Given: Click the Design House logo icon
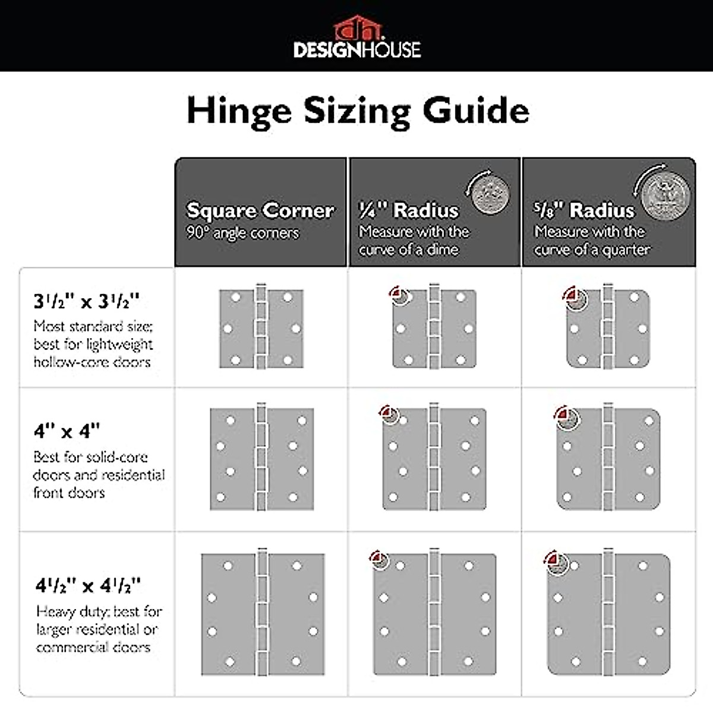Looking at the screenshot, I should (356, 28).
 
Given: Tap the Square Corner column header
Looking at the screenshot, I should (260, 210).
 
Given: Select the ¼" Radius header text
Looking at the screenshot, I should (409, 210).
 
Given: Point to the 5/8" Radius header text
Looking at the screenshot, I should (583, 210).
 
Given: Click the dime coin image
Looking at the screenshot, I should (490, 193).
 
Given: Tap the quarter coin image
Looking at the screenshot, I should (665, 194).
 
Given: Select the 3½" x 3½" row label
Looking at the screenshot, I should (87, 301).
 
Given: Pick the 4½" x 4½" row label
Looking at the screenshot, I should (88, 586).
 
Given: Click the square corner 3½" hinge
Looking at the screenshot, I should (261, 328).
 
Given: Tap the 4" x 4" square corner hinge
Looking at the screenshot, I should (261, 458).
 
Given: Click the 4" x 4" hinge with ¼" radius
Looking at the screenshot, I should (434, 458).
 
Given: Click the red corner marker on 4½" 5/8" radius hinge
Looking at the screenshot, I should (553, 559).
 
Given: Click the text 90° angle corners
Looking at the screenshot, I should (242, 233).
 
